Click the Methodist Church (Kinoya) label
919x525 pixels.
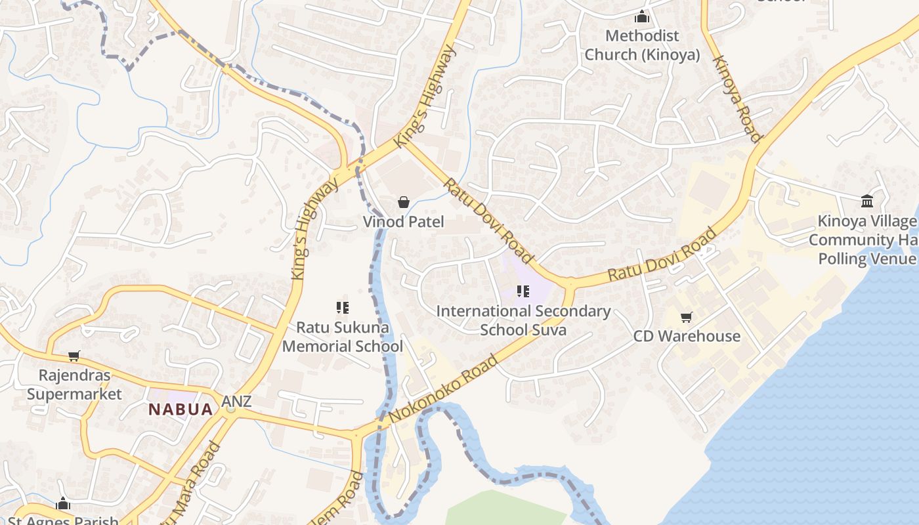(x=642, y=45)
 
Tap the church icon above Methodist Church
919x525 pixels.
(x=642, y=17)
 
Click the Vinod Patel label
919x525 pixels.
(x=403, y=222)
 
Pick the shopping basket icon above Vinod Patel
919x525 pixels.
(x=404, y=202)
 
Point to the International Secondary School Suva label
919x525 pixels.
(x=523, y=320)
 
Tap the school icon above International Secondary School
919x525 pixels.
(x=523, y=291)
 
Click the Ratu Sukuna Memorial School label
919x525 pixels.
(x=343, y=337)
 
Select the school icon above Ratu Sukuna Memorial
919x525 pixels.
(x=342, y=307)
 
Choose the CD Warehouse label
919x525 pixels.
(x=687, y=336)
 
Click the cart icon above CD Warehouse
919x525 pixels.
(x=687, y=318)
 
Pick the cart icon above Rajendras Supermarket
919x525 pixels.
(x=74, y=356)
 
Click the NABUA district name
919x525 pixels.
(x=181, y=409)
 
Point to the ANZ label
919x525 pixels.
(x=236, y=401)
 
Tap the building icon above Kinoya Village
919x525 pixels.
(x=867, y=201)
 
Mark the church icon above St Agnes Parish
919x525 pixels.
(x=63, y=504)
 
